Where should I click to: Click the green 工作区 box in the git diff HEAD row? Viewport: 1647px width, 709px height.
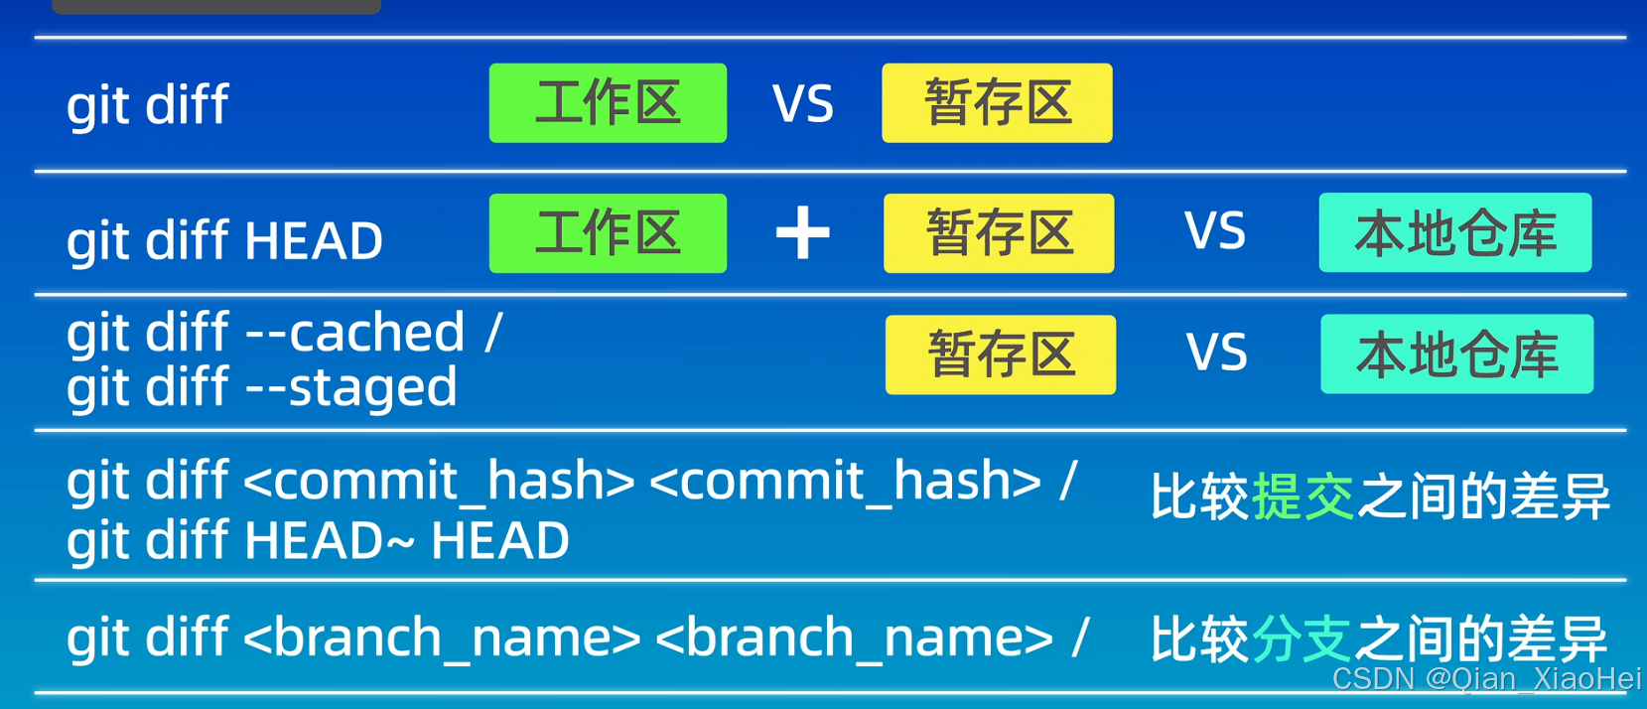(x=608, y=233)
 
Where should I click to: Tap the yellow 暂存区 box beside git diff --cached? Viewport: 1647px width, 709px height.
(x=1000, y=354)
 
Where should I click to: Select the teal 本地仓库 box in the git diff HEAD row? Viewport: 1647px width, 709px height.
(x=1454, y=233)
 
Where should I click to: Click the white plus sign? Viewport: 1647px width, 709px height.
(x=802, y=233)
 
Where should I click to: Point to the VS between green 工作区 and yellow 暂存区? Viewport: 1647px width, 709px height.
(x=803, y=104)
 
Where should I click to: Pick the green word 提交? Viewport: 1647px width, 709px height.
(x=1303, y=496)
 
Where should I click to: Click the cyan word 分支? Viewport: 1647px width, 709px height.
(x=1301, y=638)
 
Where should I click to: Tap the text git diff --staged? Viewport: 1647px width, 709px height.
(x=262, y=387)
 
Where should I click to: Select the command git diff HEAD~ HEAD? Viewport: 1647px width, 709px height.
(x=318, y=541)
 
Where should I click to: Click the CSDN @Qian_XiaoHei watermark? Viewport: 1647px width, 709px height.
(x=1486, y=679)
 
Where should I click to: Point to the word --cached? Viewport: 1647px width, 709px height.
(x=354, y=333)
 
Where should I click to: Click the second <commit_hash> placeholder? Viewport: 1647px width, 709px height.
(x=845, y=482)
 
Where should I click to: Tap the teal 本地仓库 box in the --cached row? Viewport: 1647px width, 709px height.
(x=1456, y=354)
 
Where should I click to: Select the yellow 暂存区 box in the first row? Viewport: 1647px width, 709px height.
(x=997, y=103)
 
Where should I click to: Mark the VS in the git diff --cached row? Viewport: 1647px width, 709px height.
(x=1217, y=354)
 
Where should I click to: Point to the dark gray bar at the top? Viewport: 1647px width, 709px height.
(x=215, y=6)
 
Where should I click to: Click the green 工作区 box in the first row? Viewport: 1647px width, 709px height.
(x=608, y=103)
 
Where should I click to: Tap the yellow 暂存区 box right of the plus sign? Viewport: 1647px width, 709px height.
(x=999, y=233)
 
